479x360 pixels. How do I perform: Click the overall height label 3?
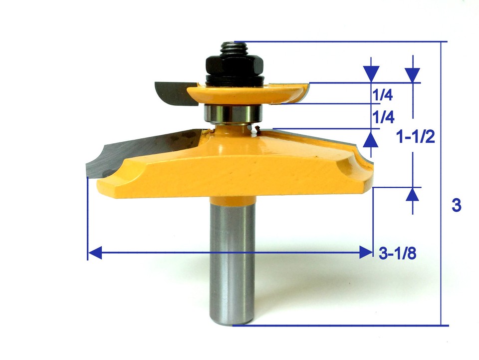tap(456, 205)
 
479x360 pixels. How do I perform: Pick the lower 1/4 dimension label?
tap(383, 117)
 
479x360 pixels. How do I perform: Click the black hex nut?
tap(233, 65)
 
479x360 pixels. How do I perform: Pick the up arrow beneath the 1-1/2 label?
tap(412, 195)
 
